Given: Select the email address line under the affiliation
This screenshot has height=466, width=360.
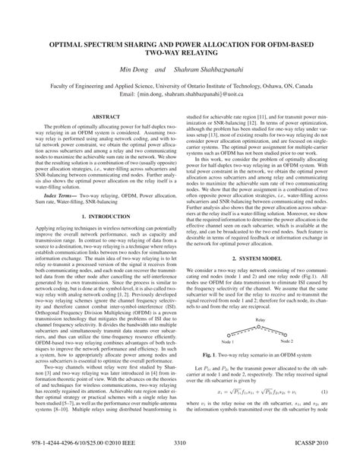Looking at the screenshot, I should click(180, 97).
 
